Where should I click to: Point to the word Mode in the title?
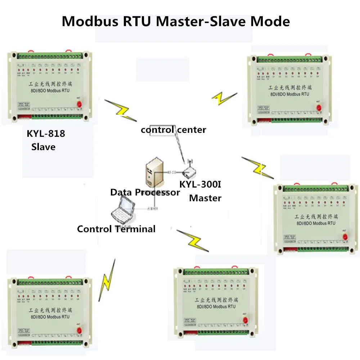point(270,21)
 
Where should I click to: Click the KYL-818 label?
point(46,134)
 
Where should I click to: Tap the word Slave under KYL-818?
point(44,147)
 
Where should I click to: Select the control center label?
point(174,130)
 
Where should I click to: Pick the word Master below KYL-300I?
point(205,198)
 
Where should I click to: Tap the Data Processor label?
point(145,192)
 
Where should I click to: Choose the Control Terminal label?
point(116,229)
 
